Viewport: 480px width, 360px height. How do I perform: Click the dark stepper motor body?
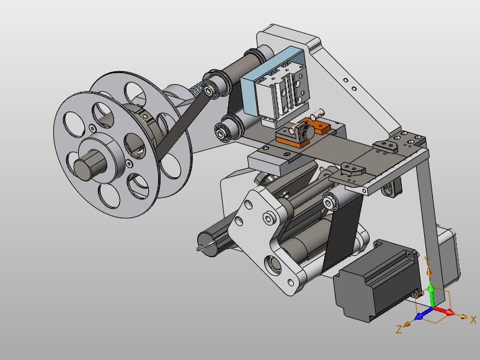point(375,280)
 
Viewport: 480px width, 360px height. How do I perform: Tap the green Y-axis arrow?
point(432,294)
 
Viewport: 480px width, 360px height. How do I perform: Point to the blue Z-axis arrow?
point(423,314)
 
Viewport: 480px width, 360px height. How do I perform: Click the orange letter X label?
point(473,320)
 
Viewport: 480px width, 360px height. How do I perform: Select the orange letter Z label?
point(399,330)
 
